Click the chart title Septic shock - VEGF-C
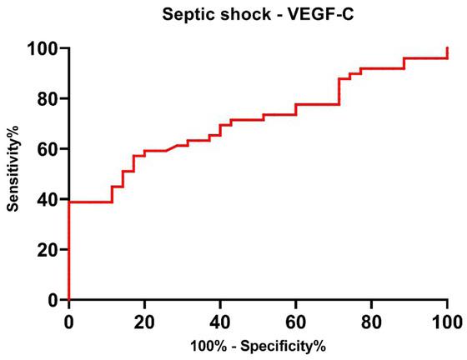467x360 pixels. pyautogui.click(x=257, y=12)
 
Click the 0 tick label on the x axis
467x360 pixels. pyautogui.click(x=68, y=320)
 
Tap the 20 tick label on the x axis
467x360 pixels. pyautogui.click(x=144, y=320)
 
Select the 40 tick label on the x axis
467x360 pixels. pyautogui.click(x=220, y=320)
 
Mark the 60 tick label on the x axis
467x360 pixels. pyautogui.click(x=296, y=320)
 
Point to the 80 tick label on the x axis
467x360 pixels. pyautogui.click(x=372, y=320)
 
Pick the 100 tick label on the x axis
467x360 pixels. pyautogui.click(x=447, y=320)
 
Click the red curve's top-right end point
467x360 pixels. pyautogui.click(x=448, y=48)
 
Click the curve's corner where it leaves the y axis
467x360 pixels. pyautogui.click(x=68, y=202)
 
